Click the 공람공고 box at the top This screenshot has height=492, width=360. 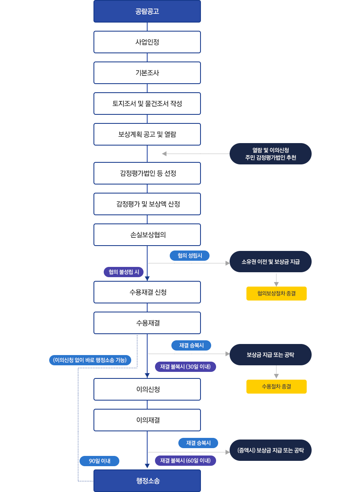click(x=147, y=11)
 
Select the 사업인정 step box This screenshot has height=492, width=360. click(x=147, y=42)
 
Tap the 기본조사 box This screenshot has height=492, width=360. click(x=147, y=73)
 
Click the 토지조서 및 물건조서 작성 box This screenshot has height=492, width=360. click(x=147, y=103)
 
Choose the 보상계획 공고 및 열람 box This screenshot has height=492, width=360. click(x=147, y=134)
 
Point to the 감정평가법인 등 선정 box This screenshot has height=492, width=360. click(x=147, y=173)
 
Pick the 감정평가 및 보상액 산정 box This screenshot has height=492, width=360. click(x=147, y=204)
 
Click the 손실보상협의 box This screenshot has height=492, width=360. click(x=147, y=235)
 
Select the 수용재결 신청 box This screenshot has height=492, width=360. click(x=147, y=292)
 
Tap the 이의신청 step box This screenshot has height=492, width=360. click(x=147, y=389)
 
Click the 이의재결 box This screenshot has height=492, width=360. click(x=147, y=420)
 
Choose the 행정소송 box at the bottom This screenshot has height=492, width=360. click(x=147, y=481)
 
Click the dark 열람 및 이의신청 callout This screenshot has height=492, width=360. click(x=271, y=154)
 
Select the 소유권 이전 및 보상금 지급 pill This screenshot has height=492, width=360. click(x=271, y=262)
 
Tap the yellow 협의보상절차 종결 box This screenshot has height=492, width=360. click(x=276, y=294)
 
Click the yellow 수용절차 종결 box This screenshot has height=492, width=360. click(x=276, y=387)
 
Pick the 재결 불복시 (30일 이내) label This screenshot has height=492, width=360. click(x=185, y=367)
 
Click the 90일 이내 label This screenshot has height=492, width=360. click(x=99, y=461)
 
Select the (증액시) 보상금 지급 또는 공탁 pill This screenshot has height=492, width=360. click(x=271, y=450)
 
